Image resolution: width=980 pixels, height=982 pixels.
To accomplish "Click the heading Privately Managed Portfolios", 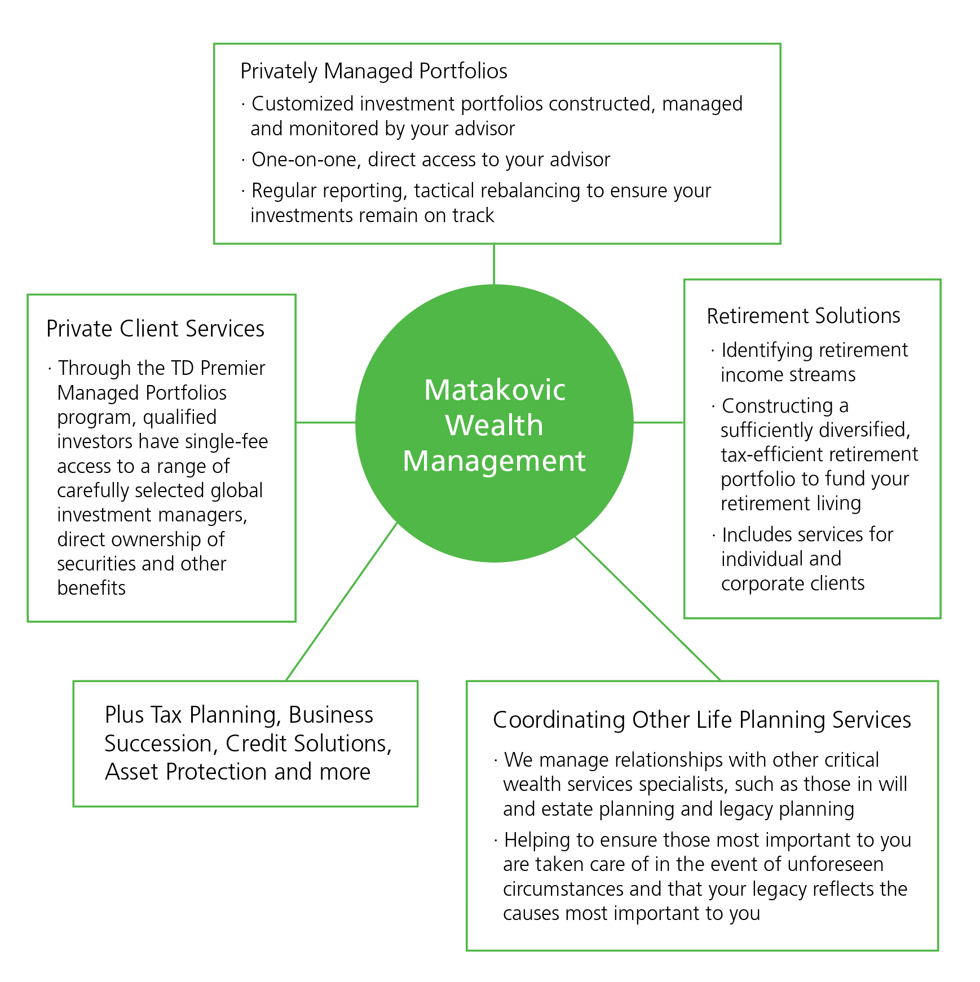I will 373,72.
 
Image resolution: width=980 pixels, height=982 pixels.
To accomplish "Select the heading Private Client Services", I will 155,329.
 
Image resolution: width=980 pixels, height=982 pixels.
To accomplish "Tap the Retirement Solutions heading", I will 803,316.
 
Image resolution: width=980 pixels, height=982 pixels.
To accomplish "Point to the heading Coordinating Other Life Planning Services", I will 701,720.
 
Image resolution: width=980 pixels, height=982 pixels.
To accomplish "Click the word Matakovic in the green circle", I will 495,390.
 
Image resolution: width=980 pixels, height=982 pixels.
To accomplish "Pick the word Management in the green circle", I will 495,461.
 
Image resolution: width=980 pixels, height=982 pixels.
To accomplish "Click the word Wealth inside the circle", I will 495,426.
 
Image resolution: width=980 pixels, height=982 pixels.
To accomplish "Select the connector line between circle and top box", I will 494,264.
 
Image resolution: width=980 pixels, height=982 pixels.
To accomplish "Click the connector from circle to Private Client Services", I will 325,422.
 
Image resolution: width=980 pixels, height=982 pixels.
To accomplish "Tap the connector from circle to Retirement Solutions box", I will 658,422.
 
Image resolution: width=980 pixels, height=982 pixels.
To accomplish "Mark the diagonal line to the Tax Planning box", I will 341,602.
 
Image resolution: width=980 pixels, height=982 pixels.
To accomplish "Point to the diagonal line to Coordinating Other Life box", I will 647,609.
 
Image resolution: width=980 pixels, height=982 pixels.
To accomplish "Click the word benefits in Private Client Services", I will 91,588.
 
